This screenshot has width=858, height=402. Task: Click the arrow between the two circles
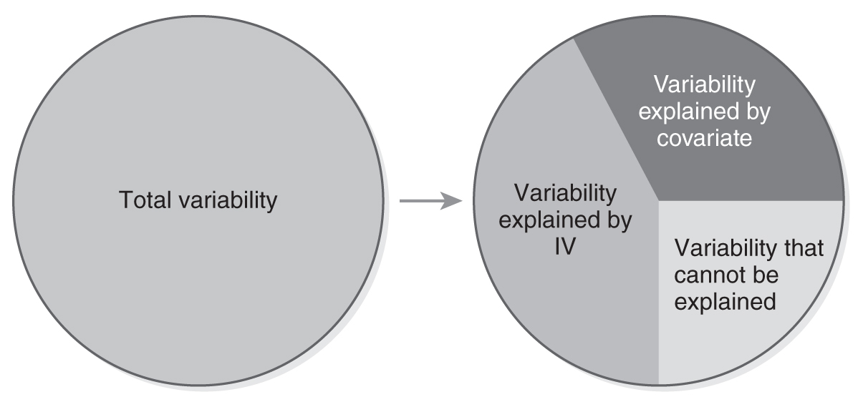tap(431, 201)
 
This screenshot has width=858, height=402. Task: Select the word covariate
tap(704, 137)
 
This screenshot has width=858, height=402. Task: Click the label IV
tap(565, 247)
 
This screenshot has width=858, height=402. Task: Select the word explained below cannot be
tap(725, 302)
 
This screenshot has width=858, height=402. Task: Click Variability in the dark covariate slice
tap(704, 84)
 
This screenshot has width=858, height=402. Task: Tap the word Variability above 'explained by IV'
tap(565, 193)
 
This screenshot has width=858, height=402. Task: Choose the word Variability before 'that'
tap(726, 248)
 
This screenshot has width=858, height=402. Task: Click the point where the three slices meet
tap(658, 200)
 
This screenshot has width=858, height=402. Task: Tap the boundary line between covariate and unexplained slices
tap(750, 200)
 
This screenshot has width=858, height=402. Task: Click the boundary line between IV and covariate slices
tap(615, 119)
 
